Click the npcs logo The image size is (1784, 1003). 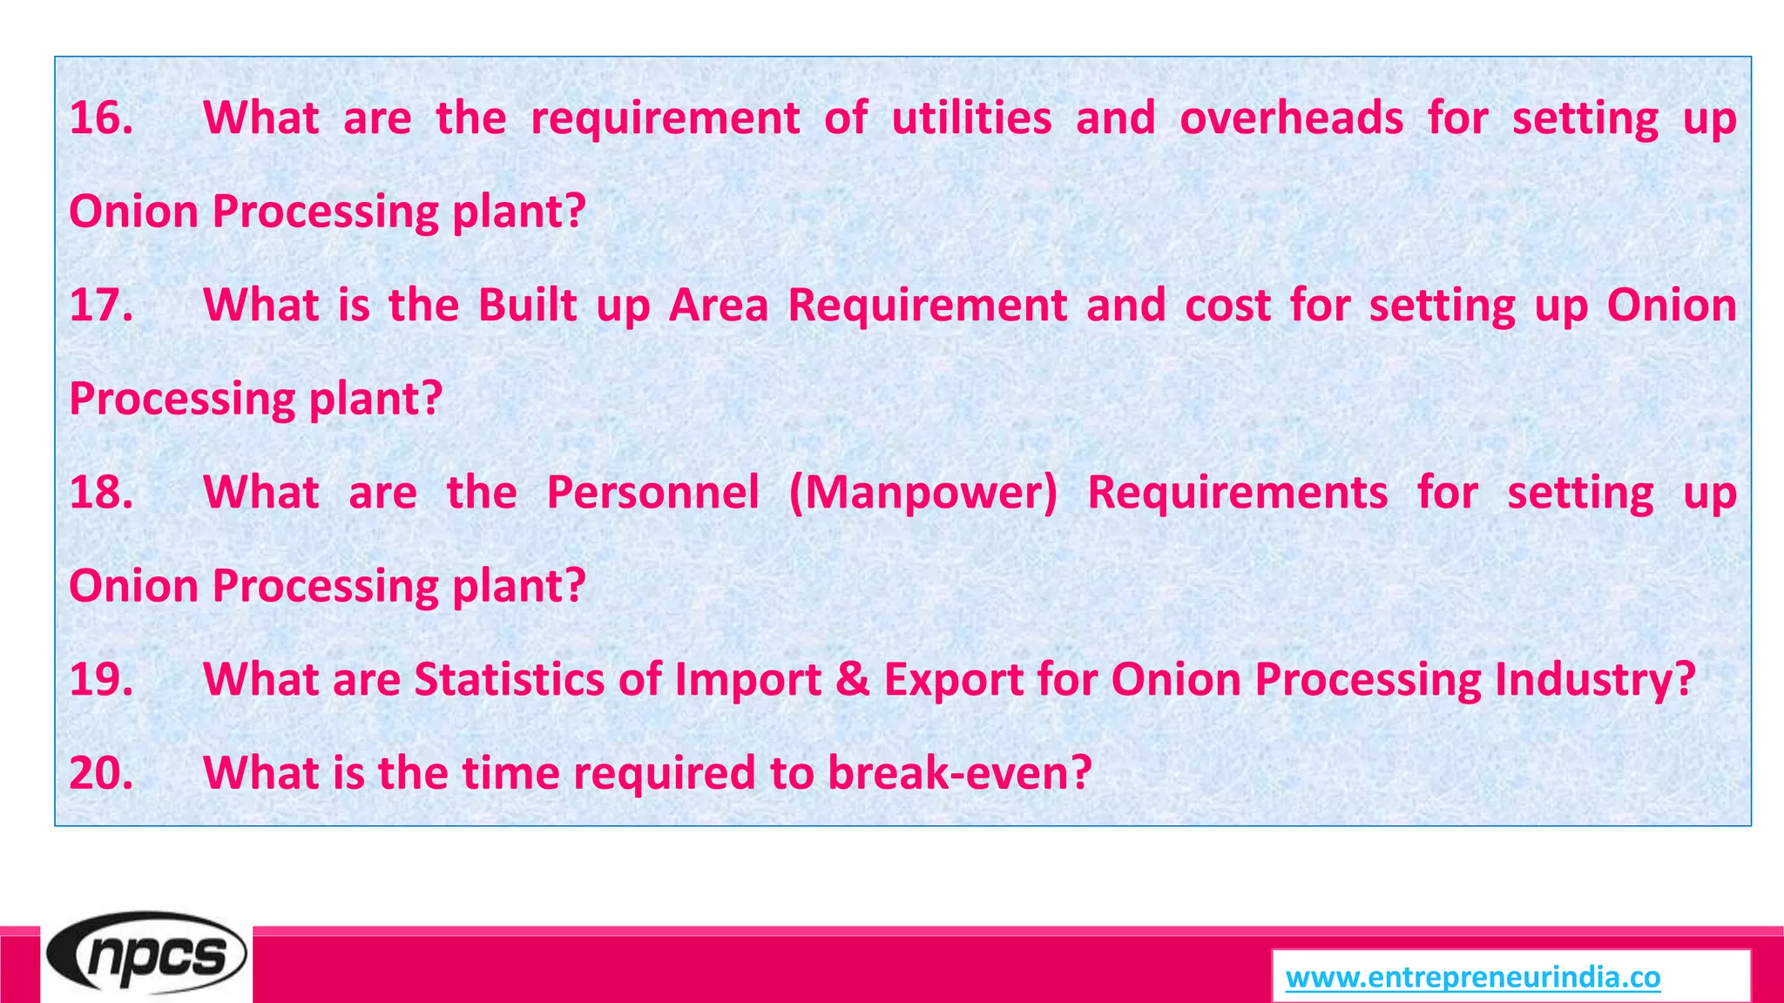pyautogui.click(x=146, y=956)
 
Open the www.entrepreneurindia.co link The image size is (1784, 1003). pyautogui.click(x=1473, y=978)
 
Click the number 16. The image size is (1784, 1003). pyautogui.click(x=101, y=118)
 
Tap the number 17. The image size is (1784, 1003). pyautogui.click(x=101, y=306)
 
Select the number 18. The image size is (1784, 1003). pyautogui.click(x=101, y=493)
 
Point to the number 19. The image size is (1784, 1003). pyautogui.click(x=101, y=680)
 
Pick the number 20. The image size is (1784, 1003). pyautogui.click(x=101, y=773)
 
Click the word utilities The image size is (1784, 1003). pyautogui.click(x=971, y=118)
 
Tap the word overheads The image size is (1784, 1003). pyautogui.click(x=1291, y=118)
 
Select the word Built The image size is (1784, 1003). pyautogui.click(x=528, y=306)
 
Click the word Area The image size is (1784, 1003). pyautogui.click(x=719, y=306)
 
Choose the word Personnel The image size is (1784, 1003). pyautogui.click(x=653, y=493)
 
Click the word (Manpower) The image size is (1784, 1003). pyautogui.click(x=923, y=493)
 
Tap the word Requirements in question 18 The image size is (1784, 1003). pyautogui.click(x=1237, y=493)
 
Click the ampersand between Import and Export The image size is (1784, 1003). pyautogui.click(x=853, y=680)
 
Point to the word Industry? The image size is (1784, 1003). pyautogui.click(x=1595, y=680)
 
